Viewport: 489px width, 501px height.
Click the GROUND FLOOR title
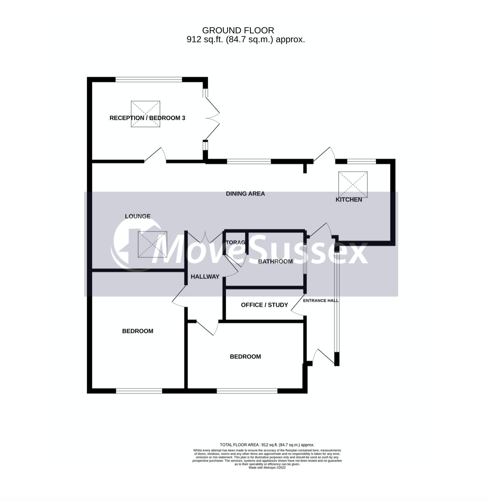[238, 30]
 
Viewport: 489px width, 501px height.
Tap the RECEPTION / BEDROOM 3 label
[147, 118]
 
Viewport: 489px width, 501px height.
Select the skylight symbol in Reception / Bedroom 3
[145, 114]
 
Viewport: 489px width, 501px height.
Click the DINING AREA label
[245, 194]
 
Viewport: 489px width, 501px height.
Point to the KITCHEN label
[349, 200]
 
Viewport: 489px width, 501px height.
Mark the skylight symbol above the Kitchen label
[353, 184]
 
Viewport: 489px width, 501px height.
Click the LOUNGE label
[138, 216]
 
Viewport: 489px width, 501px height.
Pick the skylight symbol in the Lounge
[152, 245]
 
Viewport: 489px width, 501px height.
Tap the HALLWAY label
[205, 277]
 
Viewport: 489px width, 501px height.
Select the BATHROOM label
[276, 261]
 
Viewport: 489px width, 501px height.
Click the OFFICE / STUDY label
[264, 305]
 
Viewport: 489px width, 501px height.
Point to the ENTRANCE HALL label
[321, 301]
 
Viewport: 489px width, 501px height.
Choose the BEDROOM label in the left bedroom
[138, 331]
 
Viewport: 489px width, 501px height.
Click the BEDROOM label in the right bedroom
[245, 356]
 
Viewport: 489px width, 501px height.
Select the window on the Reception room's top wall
[149, 79]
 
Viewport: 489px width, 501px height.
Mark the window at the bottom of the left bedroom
[139, 391]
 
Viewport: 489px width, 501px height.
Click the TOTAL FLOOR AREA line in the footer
[267, 445]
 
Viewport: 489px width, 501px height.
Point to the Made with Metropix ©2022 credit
[267, 467]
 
